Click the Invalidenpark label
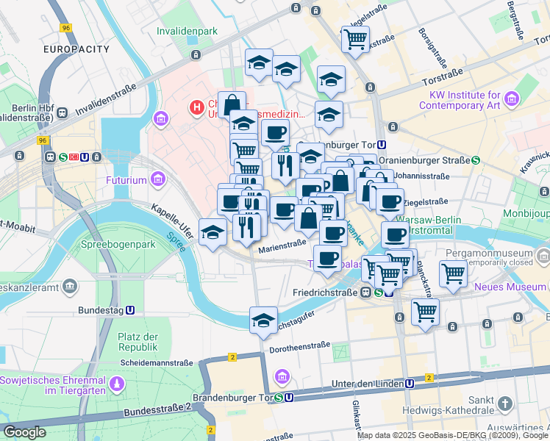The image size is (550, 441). coord(187,32)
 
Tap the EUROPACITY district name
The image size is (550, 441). coord(76,49)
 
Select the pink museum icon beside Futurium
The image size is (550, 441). coord(157,179)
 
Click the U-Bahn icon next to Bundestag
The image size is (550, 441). coord(130,311)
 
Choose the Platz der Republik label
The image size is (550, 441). coord(138,342)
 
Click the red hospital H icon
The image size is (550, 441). coord(196,108)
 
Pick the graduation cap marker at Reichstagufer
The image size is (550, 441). coord(263,320)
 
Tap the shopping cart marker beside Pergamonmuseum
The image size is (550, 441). coord(454,273)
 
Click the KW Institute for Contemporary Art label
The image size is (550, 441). coord(460,100)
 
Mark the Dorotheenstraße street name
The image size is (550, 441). coord(303,345)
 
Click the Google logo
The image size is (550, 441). coord(25,432)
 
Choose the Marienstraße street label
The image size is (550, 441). coord(282,248)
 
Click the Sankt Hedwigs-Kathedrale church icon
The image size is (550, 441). coord(504,404)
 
